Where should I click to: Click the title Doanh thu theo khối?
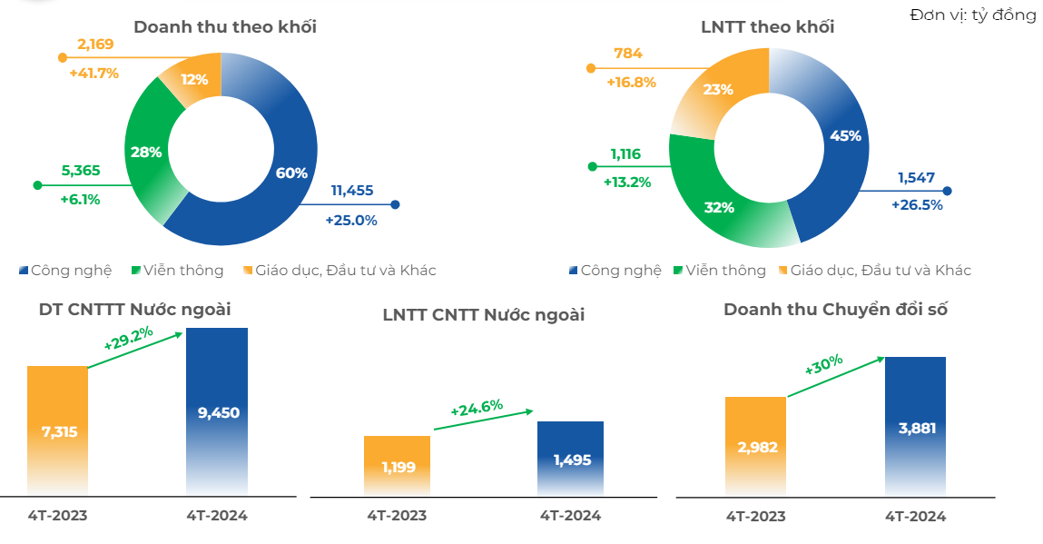pyautogui.click(x=224, y=26)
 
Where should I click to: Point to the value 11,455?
pyautogui.click(x=352, y=191)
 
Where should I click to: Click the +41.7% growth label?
pyautogui.click(x=93, y=73)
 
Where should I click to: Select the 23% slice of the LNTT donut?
pyautogui.click(x=717, y=89)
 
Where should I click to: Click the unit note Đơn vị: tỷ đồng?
pyautogui.click(x=972, y=15)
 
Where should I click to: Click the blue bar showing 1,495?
pyautogui.click(x=570, y=459)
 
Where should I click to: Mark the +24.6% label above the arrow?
pyautogui.click(x=477, y=408)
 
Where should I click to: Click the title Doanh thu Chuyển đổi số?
pyautogui.click(x=835, y=310)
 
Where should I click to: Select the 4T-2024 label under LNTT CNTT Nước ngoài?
pyautogui.click(x=570, y=516)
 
